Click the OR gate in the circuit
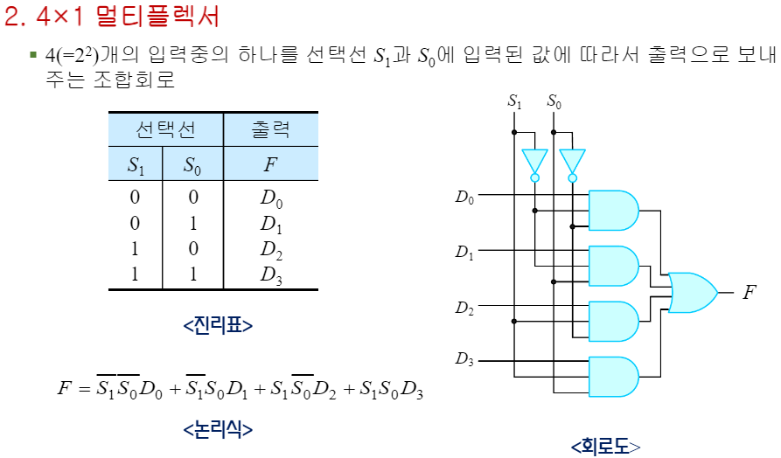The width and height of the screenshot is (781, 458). point(690,292)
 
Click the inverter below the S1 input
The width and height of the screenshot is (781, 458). point(534,163)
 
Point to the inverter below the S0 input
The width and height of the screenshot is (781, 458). point(572,163)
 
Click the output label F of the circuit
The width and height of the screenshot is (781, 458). point(749,292)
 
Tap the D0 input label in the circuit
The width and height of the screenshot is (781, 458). point(464,197)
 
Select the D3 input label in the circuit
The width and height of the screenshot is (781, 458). point(464,358)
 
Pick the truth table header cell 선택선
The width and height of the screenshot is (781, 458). point(165,130)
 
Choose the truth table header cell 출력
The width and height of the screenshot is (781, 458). point(270,130)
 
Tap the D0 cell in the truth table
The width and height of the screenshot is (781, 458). point(271,198)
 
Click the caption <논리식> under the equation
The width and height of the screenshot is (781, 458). point(218,429)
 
